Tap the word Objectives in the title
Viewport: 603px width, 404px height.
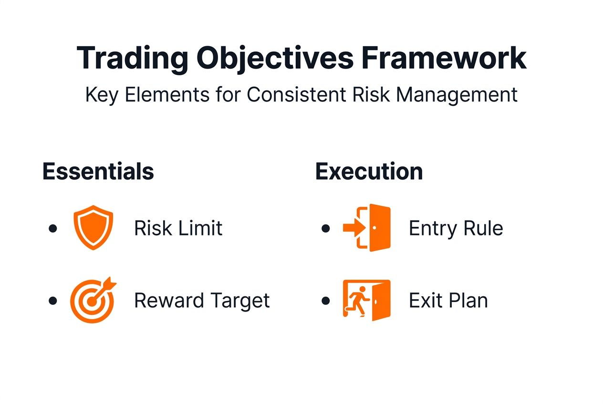pos(275,59)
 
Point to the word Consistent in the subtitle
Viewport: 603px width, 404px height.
pos(296,94)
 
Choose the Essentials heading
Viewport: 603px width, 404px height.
pos(98,172)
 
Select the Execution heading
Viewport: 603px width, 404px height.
pos(369,172)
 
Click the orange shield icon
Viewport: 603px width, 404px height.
pos(93,228)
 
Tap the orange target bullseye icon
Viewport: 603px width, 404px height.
pos(93,300)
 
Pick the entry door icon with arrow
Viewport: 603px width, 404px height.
pos(367,228)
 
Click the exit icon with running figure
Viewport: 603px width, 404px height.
pos(367,300)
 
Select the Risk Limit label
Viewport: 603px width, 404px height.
pos(178,228)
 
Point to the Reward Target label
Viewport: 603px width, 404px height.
pos(202,301)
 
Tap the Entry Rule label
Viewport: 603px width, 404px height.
pos(456,228)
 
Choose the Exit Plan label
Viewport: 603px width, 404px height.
pos(448,301)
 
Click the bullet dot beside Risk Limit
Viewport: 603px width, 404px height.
pos(53,229)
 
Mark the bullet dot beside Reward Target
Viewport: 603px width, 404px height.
pos(53,301)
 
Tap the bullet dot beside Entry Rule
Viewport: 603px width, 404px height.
pos(326,229)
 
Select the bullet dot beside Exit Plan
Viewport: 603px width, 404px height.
pos(326,301)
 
